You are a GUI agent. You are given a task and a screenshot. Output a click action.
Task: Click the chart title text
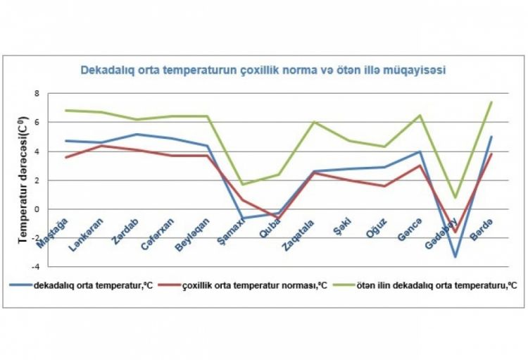(x=262, y=70)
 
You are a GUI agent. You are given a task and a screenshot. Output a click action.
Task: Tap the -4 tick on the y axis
(x=38, y=266)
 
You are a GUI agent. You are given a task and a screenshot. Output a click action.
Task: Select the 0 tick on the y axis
(x=39, y=209)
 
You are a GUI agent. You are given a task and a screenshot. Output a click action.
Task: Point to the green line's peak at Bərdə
(x=491, y=102)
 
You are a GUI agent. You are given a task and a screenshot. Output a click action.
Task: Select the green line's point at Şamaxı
(x=242, y=185)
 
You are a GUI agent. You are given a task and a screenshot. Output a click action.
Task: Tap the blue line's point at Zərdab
(x=137, y=134)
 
